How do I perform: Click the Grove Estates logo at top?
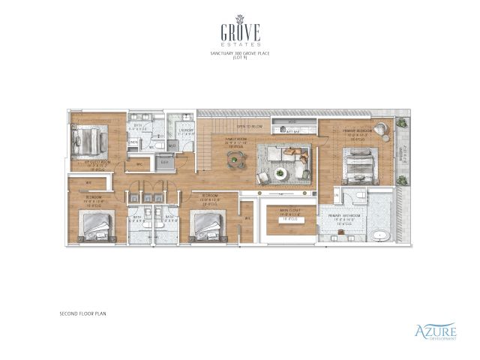pos(240,31)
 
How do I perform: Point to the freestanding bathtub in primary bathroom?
pos(380,235)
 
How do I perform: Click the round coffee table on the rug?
pos(280,173)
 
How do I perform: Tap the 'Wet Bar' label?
pos(293,131)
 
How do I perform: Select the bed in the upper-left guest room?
pos(88,140)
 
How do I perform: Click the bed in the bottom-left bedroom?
pos(97,224)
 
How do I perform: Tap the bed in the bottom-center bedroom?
pos(205,224)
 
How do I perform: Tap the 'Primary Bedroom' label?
pos(355,133)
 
